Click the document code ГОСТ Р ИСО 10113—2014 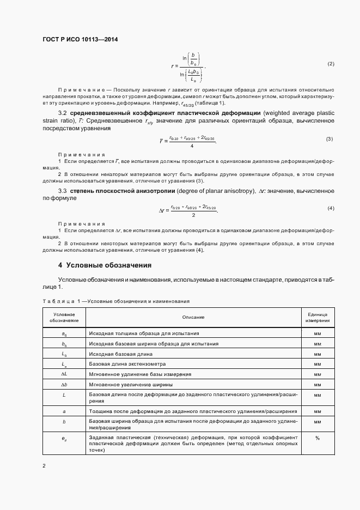tap(80, 40)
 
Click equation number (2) tap(331, 64)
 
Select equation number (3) tap(330, 139)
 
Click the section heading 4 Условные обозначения tap(105, 265)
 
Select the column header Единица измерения tap(317, 317)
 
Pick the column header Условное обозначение tap(64, 317)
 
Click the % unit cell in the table tap(317, 438)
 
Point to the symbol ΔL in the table tap(64, 374)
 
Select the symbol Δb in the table tap(64, 385)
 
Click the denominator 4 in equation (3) tap(192, 146)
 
